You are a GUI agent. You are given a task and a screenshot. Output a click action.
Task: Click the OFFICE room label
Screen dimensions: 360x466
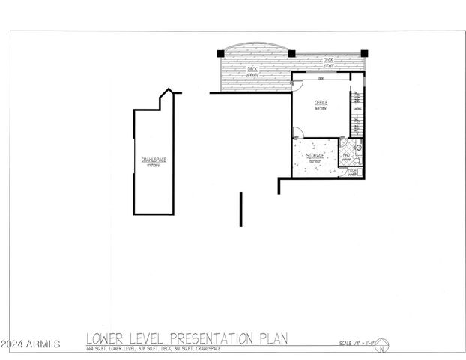click(x=321, y=102)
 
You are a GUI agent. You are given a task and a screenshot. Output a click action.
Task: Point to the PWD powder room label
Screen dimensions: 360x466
click(x=346, y=155)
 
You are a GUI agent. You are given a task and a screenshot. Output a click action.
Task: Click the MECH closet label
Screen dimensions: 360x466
click(x=351, y=172)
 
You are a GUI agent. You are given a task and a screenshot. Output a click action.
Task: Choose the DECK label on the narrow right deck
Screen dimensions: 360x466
click(x=327, y=60)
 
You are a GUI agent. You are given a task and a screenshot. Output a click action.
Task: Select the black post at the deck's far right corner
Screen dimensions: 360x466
click(x=364, y=53)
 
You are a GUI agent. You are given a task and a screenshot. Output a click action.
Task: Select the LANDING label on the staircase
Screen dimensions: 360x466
click(x=357, y=109)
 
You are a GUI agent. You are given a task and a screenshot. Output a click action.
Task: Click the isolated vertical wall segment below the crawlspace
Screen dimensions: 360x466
click(x=240, y=209)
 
